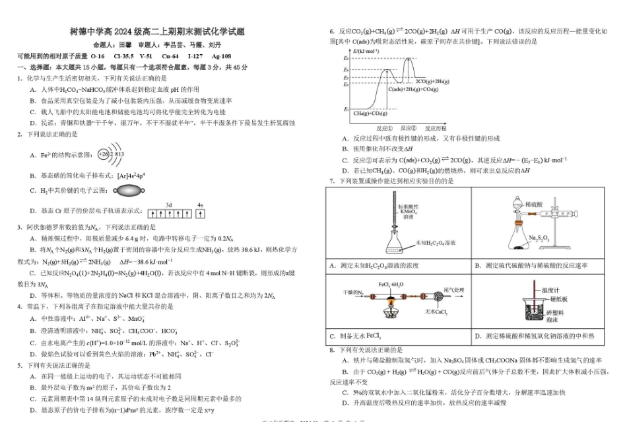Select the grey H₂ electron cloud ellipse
click(135, 191)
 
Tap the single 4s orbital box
click(200, 213)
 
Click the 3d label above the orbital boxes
click(169, 205)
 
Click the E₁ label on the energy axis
click(346, 109)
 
